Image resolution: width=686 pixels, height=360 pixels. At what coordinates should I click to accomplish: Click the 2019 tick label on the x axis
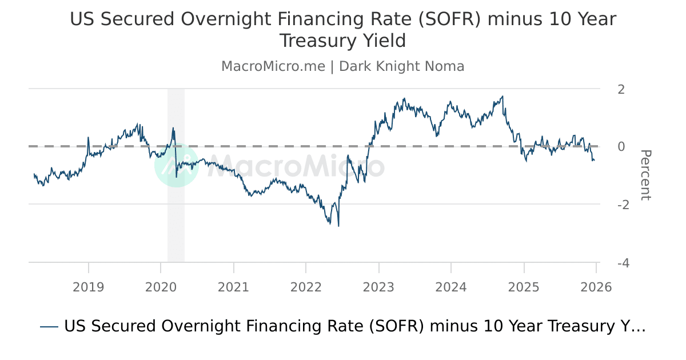coord(88,287)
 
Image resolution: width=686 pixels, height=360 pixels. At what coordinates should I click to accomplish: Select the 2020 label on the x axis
coord(161,287)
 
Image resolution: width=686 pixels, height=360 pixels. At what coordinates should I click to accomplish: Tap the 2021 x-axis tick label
coord(233,287)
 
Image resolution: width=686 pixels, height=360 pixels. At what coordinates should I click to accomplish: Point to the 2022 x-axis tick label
coord(306,287)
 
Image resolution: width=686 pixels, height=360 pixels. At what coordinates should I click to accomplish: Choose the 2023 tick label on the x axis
coord(378,287)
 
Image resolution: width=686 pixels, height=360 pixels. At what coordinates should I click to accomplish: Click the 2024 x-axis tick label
coord(451,287)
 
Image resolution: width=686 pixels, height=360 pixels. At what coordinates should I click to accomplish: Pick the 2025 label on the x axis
coord(524,287)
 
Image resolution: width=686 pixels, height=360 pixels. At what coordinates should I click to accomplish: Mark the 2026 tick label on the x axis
coord(596,287)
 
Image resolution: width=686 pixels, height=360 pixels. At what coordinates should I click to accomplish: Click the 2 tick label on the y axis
coord(621,89)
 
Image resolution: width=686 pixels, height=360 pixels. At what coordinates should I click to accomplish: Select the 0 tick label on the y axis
coord(621,147)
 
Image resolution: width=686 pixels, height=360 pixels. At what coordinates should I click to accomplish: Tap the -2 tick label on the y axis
coord(619,205)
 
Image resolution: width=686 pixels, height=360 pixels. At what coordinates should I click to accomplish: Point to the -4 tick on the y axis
coord(619,263)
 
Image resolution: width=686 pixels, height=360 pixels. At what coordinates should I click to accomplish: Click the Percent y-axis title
coord(645,175)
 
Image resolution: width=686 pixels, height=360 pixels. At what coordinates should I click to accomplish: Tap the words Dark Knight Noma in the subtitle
coord(401,66)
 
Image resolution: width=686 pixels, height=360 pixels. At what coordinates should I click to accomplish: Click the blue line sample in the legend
coord(49,327)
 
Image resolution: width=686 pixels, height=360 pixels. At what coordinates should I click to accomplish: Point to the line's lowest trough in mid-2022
coord(338,226)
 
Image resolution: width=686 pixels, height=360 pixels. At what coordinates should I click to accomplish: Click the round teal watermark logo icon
coord(177,165)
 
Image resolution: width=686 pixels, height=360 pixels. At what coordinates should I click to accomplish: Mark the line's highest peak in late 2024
coord(502,97)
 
